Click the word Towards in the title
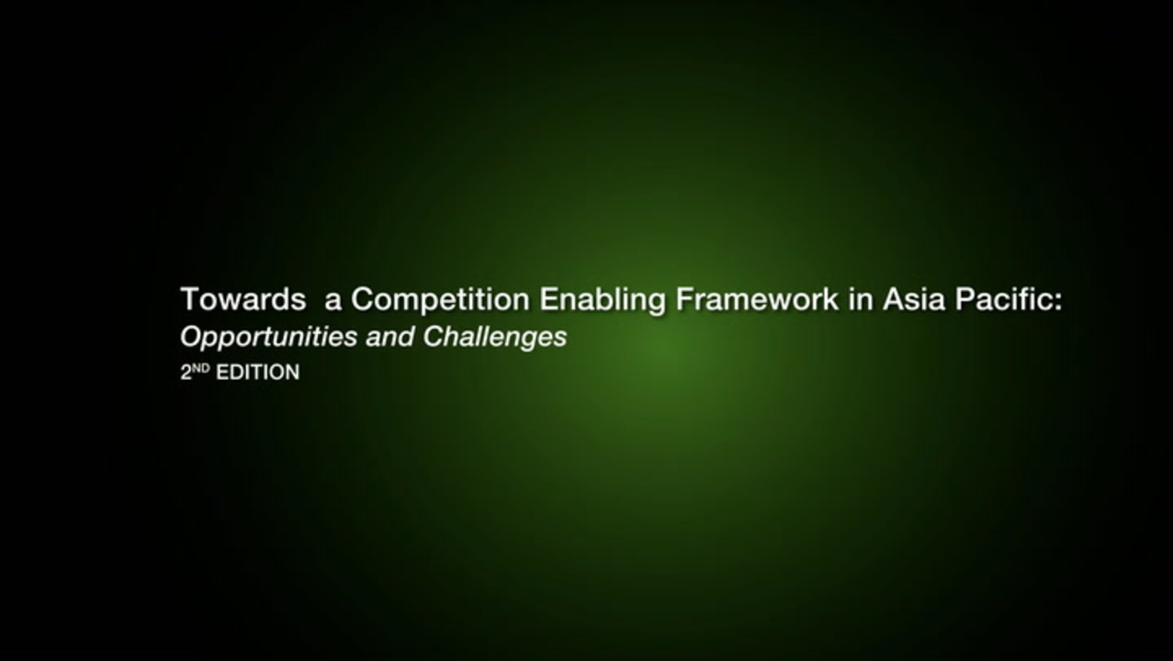coord(243,299)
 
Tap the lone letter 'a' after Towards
coord(333,302)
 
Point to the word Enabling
coord(603,300)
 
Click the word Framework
coord(757,299)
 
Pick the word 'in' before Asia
coord(861,299)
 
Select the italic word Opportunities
coord(268,338)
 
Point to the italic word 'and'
coord(390,337)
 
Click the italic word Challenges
coord(495,338)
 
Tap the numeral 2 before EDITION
coord(186,373)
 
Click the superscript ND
coord(200,368)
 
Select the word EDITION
coord(257,373)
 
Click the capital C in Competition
coord(363,299)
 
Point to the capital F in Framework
coord(684,299)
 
